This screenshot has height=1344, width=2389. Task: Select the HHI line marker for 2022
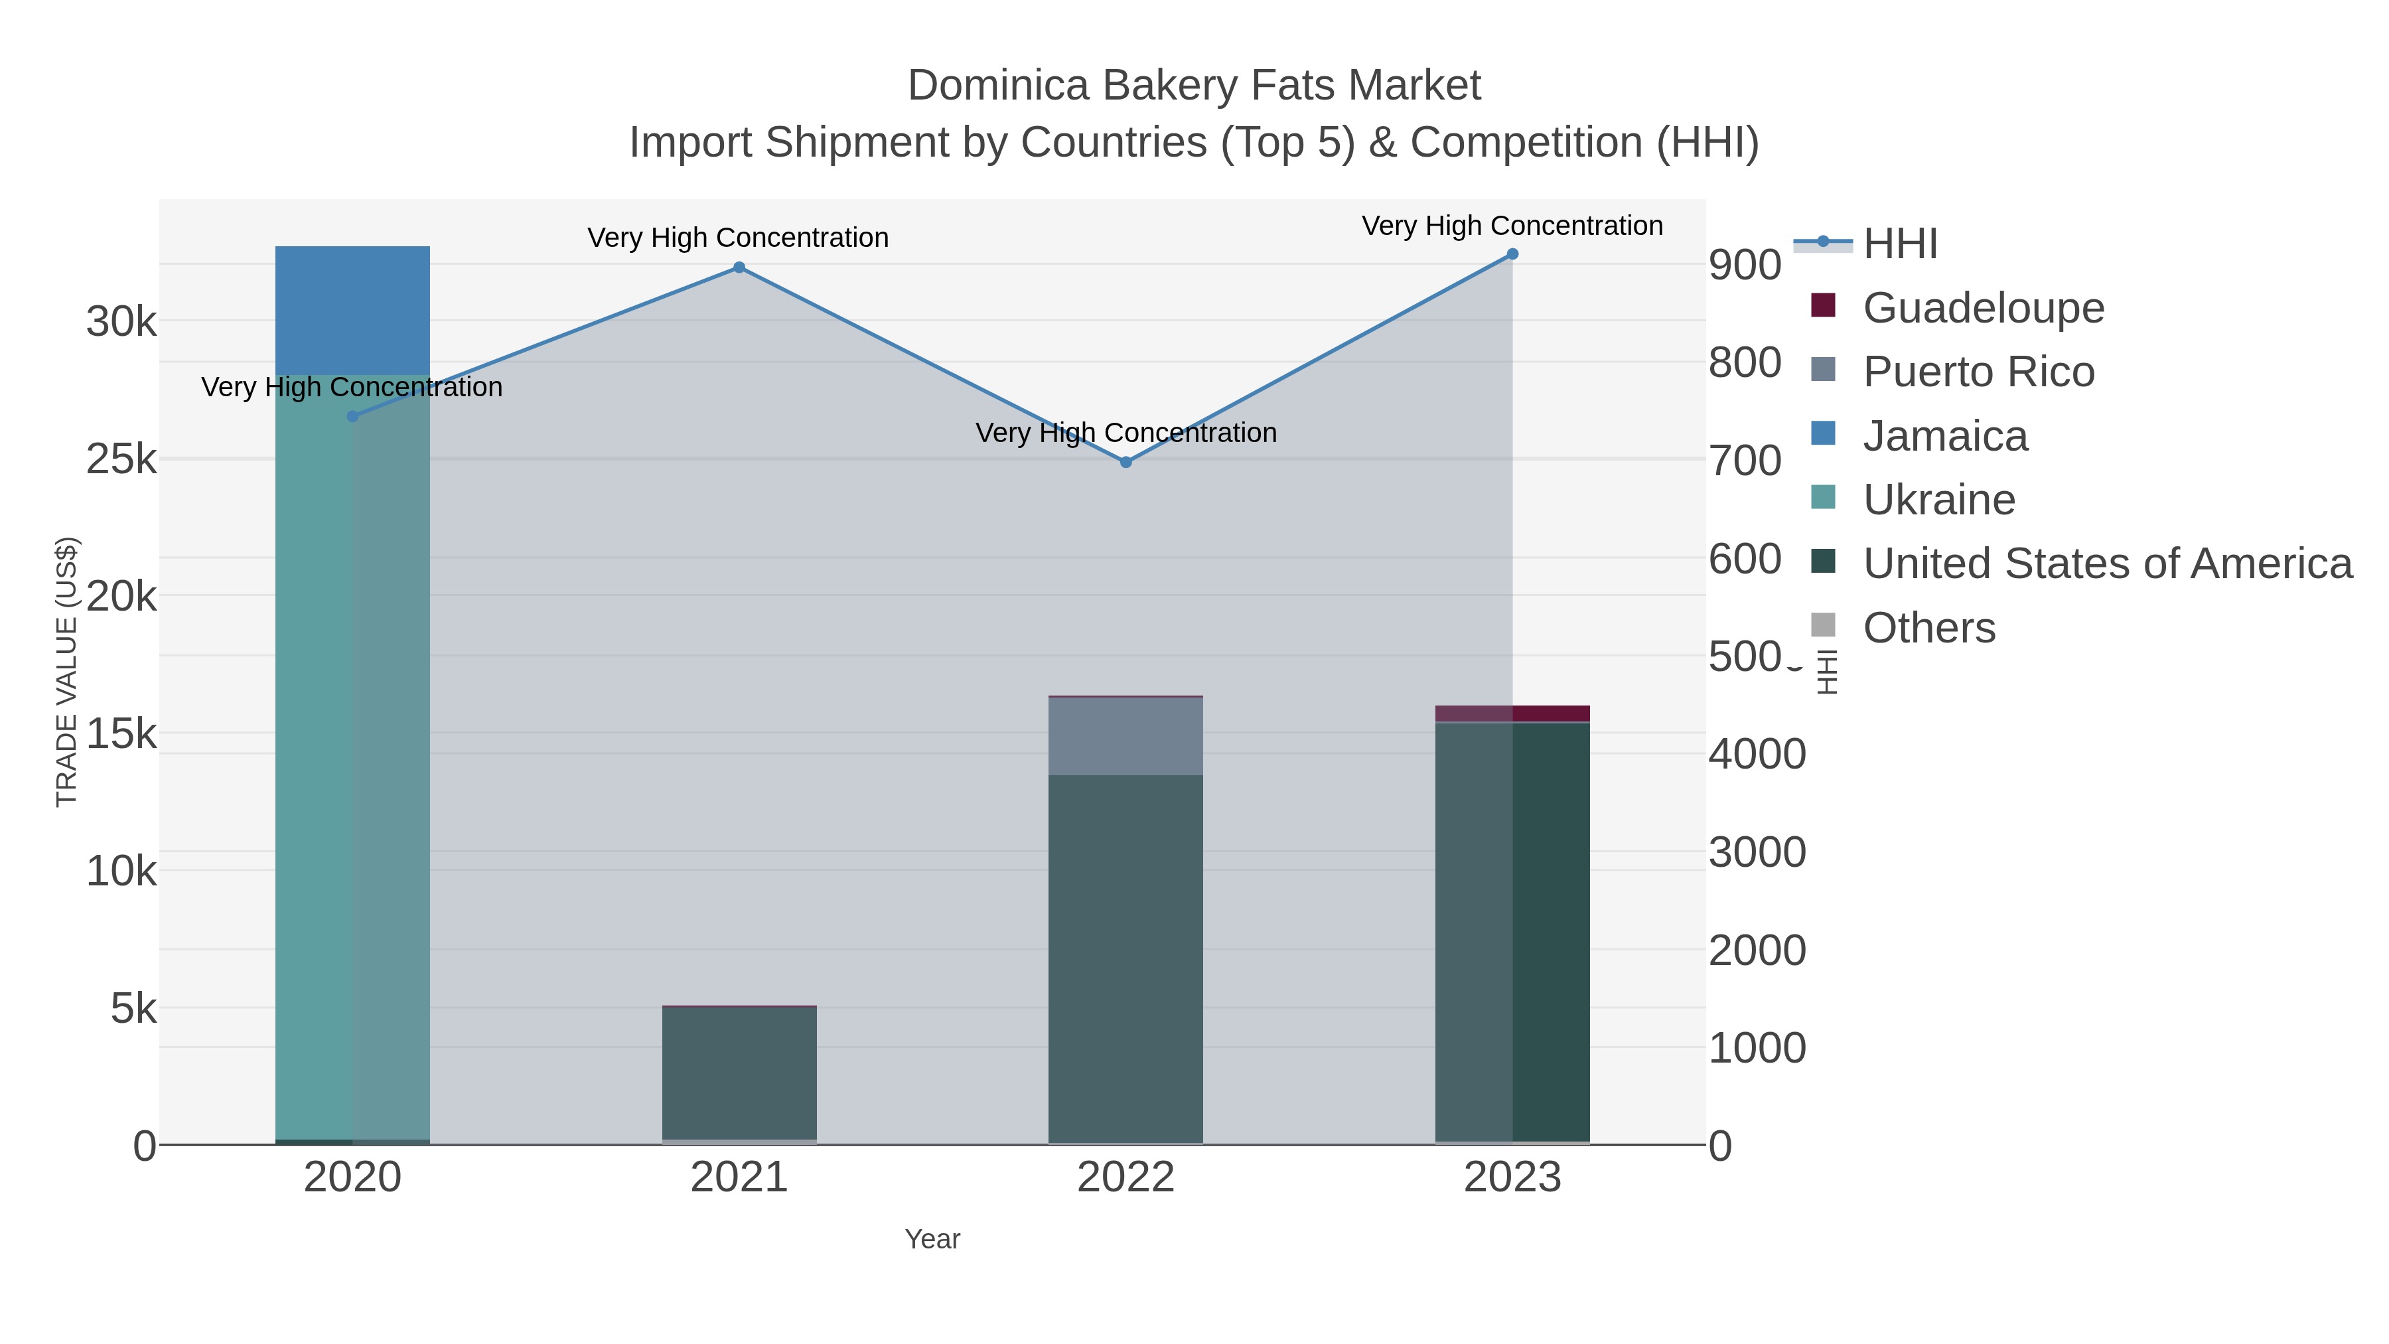click(1126, 462)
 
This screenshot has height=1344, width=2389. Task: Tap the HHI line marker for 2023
click(1512, 254)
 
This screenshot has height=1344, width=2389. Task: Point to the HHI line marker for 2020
click(352, 416)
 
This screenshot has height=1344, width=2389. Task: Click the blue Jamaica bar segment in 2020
click(352, 311)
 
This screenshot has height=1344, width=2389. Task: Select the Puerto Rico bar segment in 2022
click(1126, 735)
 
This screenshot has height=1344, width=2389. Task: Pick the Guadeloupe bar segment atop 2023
click(1512, 713)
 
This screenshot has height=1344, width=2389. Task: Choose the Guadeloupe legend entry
click(1983, 308)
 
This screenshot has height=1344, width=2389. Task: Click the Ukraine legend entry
click(1938, 500)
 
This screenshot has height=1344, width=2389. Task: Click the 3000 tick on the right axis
click(1757, 852)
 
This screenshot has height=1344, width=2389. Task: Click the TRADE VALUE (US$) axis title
click(67, 672)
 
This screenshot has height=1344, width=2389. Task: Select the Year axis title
click(932, 1239)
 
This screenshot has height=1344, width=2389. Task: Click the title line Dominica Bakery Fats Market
click(1194, 86)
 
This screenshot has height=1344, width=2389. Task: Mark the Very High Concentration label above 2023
click(1512, 226)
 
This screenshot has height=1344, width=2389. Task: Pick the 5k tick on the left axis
click(133, 1008)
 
